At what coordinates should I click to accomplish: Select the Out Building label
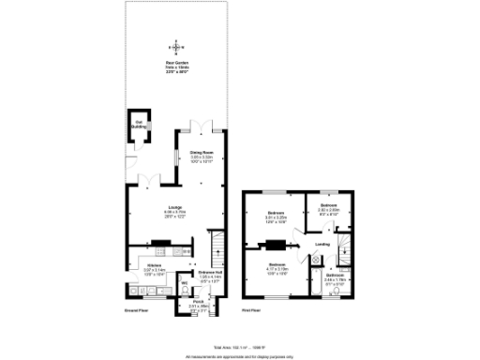[138, 122]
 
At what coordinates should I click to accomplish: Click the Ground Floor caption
[138, 309]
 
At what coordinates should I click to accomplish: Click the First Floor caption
[251, 309]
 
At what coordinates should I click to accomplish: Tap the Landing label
[322, 246]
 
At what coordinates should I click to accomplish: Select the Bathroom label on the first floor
[335, 277]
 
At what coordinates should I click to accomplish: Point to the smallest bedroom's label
[328, 207]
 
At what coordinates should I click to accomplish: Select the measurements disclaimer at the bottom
[239, 356]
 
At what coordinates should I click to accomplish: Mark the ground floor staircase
[216, 249]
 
